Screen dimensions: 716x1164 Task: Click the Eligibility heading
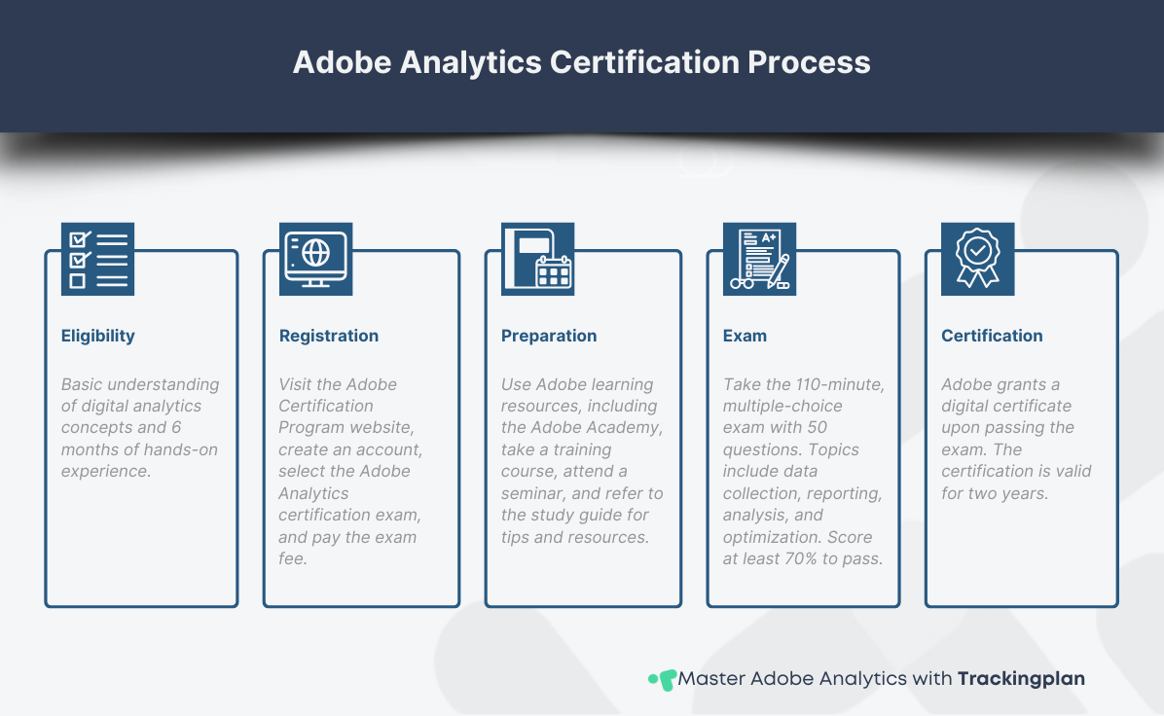tap(98, 336)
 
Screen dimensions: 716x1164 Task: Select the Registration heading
tap(329, 336)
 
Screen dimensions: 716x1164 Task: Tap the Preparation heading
tap(549, 336)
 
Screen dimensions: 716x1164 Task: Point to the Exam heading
tap(745, 336)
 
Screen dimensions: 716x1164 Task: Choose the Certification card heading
tap(992, 336)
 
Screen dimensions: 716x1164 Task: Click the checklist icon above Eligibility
tap(98, 259)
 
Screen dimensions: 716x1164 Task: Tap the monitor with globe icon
tap(316, 259)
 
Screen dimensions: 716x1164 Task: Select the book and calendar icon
tap(538, 259)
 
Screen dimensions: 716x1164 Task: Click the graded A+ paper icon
tap(759, 259)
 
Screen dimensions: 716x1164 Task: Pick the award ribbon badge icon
tap(978, 259)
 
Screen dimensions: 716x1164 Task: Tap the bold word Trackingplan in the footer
tap(1021, 678)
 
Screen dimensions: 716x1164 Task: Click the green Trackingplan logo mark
tap(663, 679)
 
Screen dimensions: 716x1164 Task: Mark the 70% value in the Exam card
tap(799, 559)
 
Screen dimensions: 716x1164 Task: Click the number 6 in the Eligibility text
tap(176, 428)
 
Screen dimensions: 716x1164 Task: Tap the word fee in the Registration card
tap(293, 559)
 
